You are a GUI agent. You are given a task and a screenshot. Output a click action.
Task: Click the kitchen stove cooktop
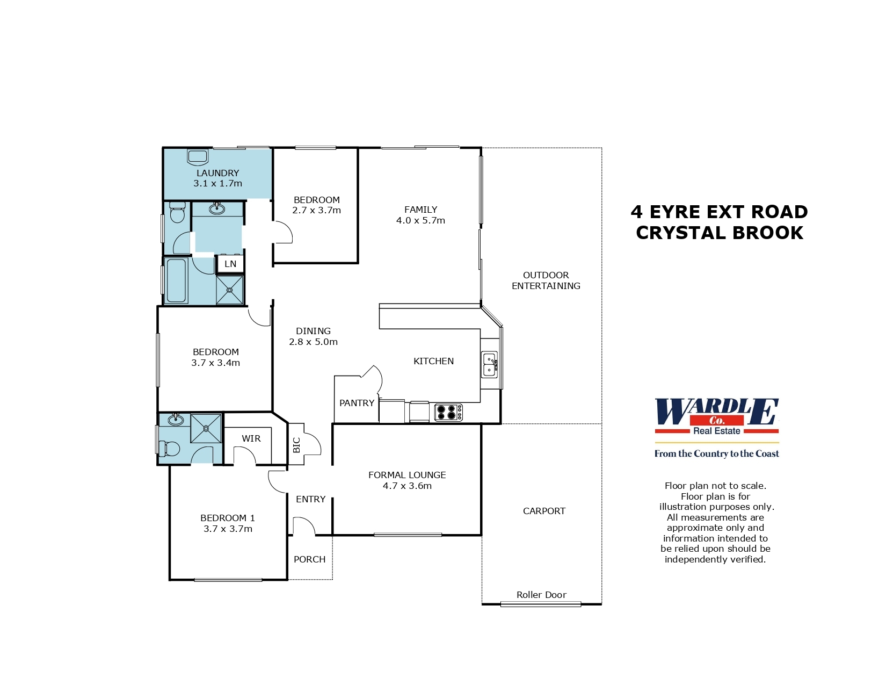click(x=448, y=412)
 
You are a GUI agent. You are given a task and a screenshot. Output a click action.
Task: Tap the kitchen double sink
click(x=489, y=365)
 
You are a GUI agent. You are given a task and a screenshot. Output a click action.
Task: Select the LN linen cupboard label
click(x=230, y=264)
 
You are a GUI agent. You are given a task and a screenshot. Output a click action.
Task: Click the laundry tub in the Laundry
click(x=197, y=157)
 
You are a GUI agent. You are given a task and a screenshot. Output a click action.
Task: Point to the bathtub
click(x=176, y=281)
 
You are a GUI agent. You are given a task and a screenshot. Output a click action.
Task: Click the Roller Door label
click(x=541, y=595)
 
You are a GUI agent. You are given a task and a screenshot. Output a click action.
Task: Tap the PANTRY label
click(x=357, y=403)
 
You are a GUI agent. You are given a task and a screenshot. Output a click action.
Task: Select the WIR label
click(x=251, y=438)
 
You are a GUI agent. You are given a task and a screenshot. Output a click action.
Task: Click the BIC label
click(x=296, y=445)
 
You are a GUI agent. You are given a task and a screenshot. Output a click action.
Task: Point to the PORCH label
click(x=309, y=559)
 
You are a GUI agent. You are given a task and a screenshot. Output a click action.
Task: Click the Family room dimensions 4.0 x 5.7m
click(x=420, y=220)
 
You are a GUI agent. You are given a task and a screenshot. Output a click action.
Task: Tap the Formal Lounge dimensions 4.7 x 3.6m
click(x=407, y=486)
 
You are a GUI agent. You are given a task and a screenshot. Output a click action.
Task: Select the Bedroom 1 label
click(x=228, y=518)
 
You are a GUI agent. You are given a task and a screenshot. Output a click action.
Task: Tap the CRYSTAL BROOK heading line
click(x=720, y=233)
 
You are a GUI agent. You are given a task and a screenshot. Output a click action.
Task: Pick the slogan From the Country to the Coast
click(x=716, y=453)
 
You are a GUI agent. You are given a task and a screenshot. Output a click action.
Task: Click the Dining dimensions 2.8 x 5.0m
click(x=313, y=342)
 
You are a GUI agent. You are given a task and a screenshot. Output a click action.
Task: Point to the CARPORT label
click(x=544, y=511)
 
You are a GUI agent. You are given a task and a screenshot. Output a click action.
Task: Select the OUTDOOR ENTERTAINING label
click(x=546, y=280)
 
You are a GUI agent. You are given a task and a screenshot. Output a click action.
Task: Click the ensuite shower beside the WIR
click(x=206, y=428)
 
